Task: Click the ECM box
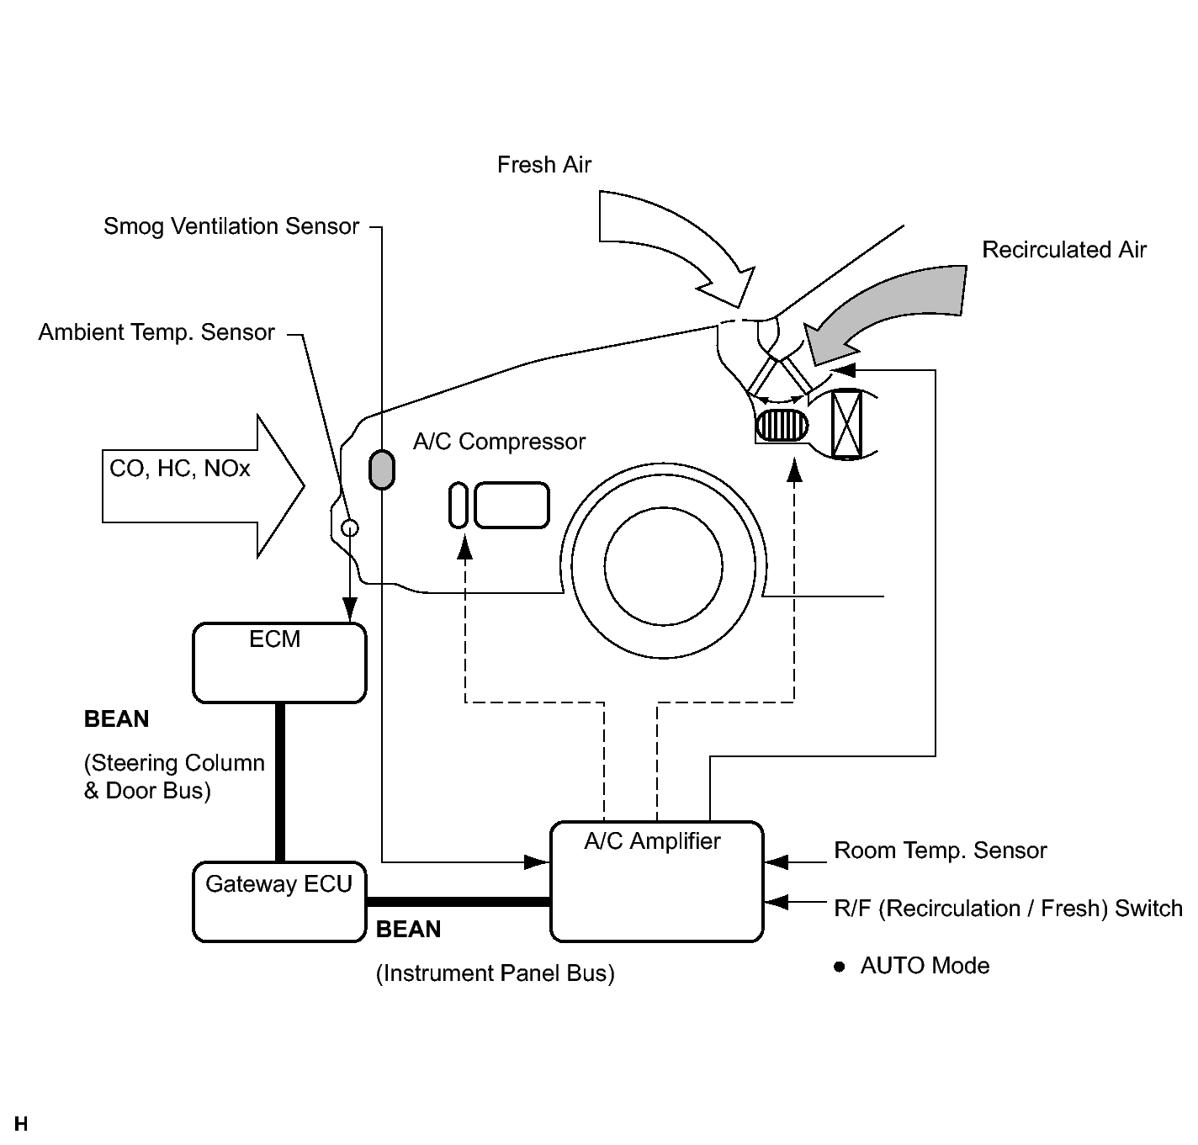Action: click(x=279, y=662)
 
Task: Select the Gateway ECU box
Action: click(x=279, y=901)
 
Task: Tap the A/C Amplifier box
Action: click(x=657, y=882)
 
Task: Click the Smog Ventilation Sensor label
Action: click(x=231, y=226)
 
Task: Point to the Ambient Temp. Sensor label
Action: click(x=156, y=331)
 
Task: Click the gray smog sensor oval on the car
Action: click(x=382, y=469)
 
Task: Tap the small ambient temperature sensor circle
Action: click(x=350, y=527)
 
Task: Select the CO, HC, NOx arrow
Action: click(x=203, y=486)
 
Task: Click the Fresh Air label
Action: click(x=544, y=164)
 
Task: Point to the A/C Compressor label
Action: click(x=499, y=442)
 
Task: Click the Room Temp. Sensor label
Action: click(x=940, y=851)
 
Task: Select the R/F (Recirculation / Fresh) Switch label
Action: click(x=1008, y=908)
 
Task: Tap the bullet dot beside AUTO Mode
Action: click(x=839, y=966)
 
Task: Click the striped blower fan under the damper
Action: click(x=782, y=426)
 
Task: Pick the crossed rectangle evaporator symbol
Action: click(x=846, y=424)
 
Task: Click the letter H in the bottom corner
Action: click(x=21, y=1124)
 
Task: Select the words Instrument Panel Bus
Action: click(x=495, y=973)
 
